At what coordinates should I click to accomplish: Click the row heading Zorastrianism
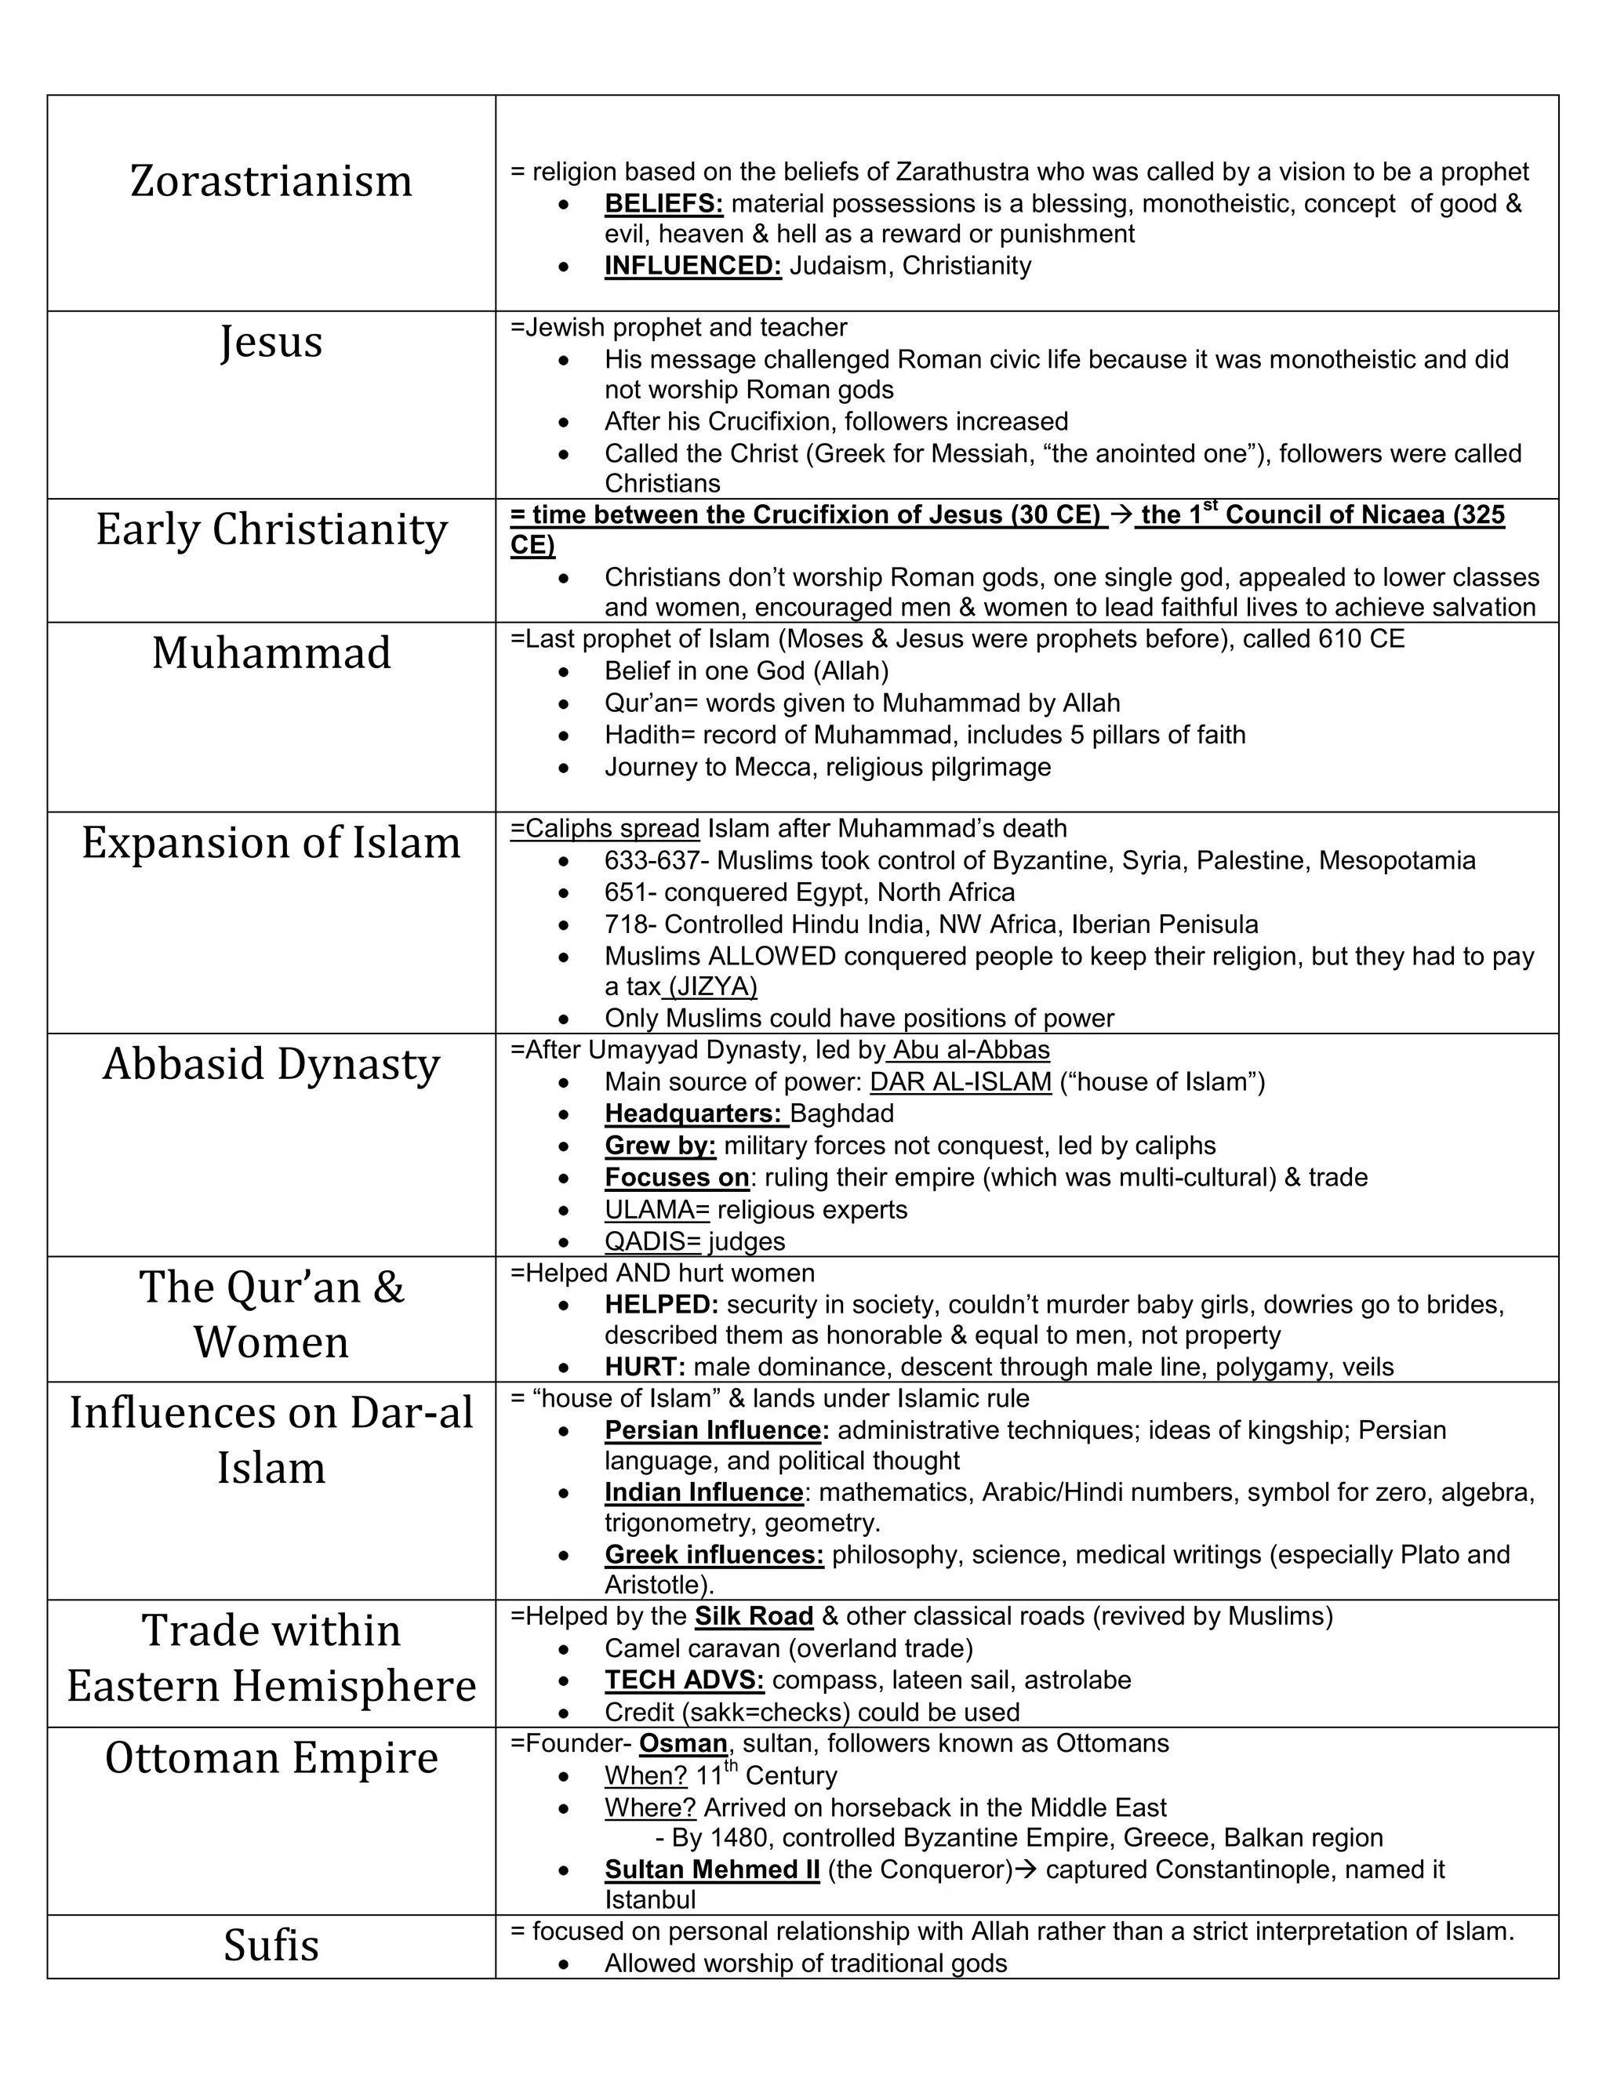click(271, 181)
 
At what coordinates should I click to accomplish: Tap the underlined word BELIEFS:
click(663, 204)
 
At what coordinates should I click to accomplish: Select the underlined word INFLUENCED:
click(692, 266)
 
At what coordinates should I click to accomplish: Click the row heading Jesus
click(271, 342)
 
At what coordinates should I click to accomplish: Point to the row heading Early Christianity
click(271, 530)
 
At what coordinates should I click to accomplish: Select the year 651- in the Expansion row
click(630, 892)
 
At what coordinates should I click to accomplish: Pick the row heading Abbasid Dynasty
click(271, 1065)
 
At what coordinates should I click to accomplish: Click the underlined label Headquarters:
click(692, 1113)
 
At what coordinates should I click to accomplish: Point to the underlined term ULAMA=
click(656, 1209)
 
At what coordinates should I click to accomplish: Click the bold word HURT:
click(644, 1368)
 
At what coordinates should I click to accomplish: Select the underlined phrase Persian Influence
click(713, 1430)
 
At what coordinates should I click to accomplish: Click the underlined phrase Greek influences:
click(714, 1555)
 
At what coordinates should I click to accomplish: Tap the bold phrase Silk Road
click(754, 1617)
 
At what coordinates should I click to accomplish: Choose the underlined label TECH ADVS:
click(684, 1680)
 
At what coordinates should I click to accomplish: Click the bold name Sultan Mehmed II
click(712, 1869)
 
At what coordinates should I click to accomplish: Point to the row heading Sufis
click(271, 1945)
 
